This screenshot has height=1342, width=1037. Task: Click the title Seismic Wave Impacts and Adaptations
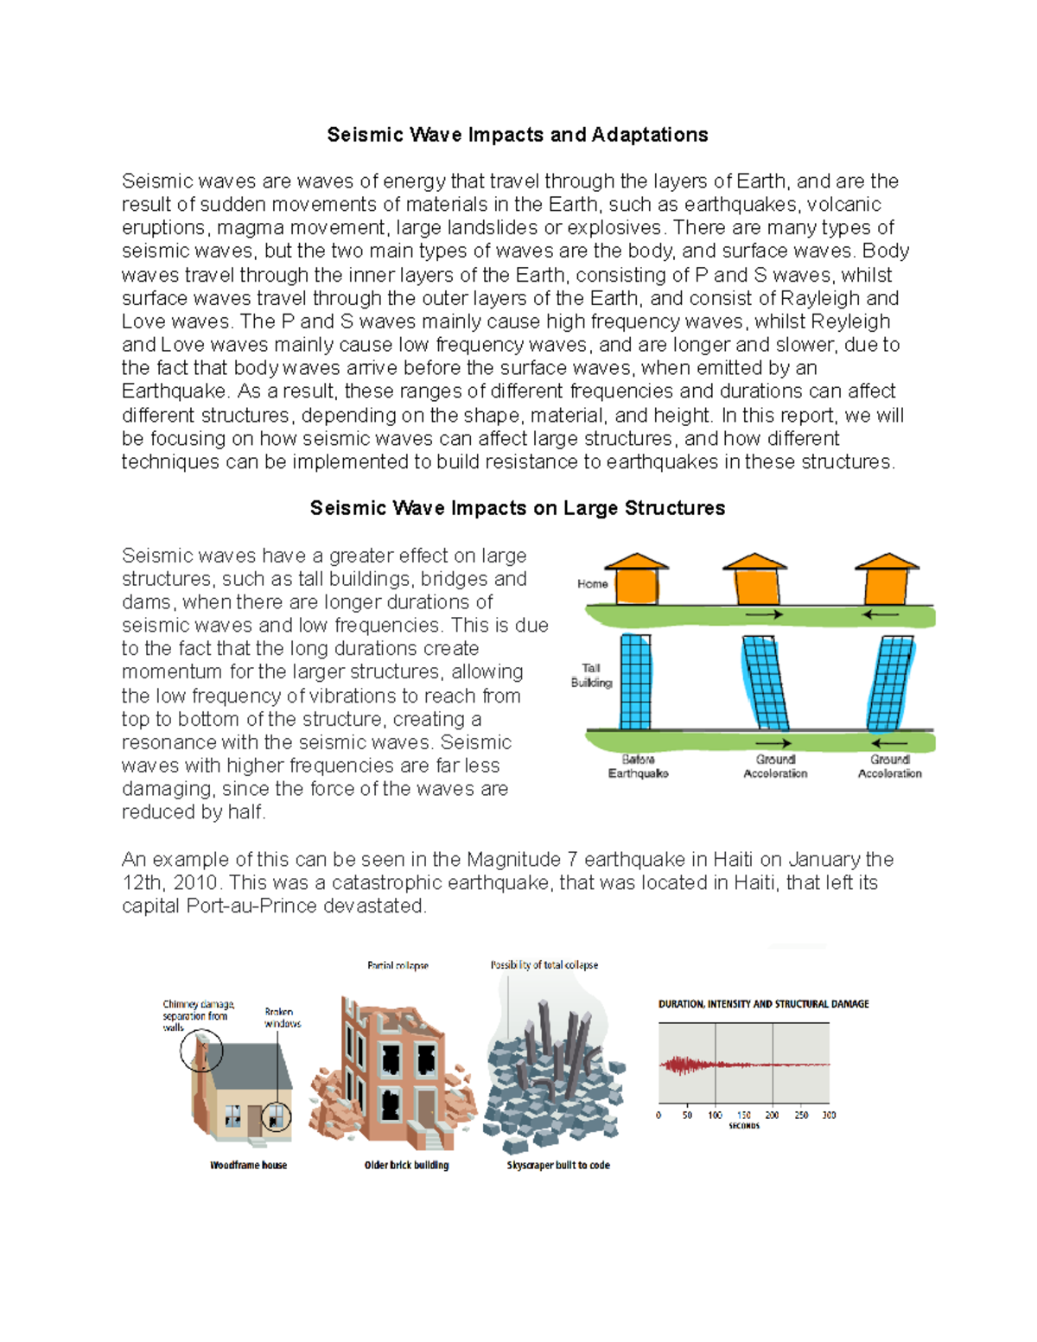517,135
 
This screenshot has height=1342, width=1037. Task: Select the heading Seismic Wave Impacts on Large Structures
517,508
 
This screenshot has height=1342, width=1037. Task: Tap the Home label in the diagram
592,584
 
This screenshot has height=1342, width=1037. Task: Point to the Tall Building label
591,675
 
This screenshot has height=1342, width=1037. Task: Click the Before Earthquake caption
638,766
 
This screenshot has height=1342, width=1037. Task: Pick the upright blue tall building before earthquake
635,682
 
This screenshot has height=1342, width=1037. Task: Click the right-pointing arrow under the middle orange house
764,614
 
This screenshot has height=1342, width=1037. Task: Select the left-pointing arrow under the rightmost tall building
889,742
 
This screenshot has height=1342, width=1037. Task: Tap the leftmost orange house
637,579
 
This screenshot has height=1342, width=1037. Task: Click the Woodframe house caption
248,1165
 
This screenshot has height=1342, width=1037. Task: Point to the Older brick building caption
406,1165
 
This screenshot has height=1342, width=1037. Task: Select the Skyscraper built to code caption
558,1165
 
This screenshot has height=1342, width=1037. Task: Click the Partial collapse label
398,965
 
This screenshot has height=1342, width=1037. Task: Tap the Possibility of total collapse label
544,965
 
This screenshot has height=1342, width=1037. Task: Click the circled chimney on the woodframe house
201,1051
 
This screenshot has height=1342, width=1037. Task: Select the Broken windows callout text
283,1017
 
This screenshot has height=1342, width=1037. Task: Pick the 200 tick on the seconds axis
772,1116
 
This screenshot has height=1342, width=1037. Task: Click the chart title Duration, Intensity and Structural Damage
763,1004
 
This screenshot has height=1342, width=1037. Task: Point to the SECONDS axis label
744,1126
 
